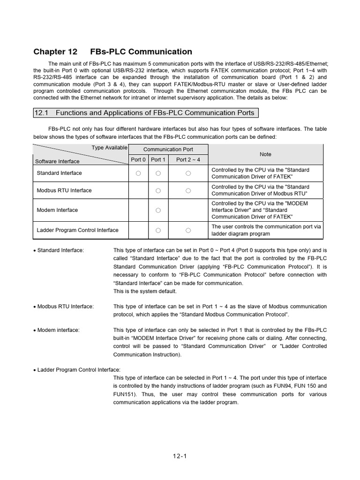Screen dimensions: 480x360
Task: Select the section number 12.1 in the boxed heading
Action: [41, 113]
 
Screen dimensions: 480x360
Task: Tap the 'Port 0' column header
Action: [138, 159]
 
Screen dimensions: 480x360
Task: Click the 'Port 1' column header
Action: [158, 159]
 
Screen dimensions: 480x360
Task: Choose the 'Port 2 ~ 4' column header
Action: [188, 159]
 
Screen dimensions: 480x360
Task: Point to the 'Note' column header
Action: [265, 154]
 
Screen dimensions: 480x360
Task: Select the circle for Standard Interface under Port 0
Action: [138, 173]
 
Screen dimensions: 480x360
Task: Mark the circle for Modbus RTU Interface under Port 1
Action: [158, 191]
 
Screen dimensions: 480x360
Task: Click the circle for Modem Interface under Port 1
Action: [158, 210]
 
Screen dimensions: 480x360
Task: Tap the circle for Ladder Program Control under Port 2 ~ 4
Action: [188, 230]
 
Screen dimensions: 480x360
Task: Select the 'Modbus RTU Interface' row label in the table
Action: [64, 190]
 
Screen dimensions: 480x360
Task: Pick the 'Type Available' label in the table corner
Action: [109, 147]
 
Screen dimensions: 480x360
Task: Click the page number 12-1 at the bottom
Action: [180, 455]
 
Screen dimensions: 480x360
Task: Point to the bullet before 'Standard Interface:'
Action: [35, 251]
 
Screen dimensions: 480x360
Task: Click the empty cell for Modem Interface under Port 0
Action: [138, 210]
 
